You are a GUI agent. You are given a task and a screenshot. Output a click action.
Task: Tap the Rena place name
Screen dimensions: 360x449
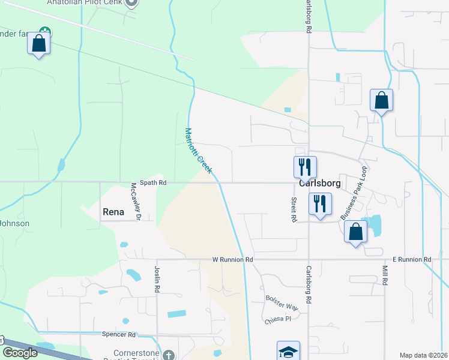[x=113, y=212]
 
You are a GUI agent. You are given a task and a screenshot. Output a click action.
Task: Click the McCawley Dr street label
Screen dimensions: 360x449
[x=136, y=202]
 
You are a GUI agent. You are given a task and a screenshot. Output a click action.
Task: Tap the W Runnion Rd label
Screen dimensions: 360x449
[x=233, y=260]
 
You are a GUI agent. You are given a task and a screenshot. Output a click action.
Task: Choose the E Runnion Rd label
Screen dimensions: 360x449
[x=412, y=260]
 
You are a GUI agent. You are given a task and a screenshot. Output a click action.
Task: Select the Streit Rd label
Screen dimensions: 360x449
[x=294, y=210]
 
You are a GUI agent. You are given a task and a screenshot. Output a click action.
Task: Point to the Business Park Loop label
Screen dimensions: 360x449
[x=353, y=193]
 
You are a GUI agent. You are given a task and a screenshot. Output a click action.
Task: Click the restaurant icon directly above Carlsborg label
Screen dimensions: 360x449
[x=305, y=166]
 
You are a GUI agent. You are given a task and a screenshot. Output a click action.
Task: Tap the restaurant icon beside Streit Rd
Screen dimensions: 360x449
[x=320, y=203]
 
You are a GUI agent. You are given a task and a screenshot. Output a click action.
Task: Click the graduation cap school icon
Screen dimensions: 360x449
[x=288, y=352]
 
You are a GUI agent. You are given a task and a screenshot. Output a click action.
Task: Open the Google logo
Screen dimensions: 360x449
[x=20, y=353]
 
